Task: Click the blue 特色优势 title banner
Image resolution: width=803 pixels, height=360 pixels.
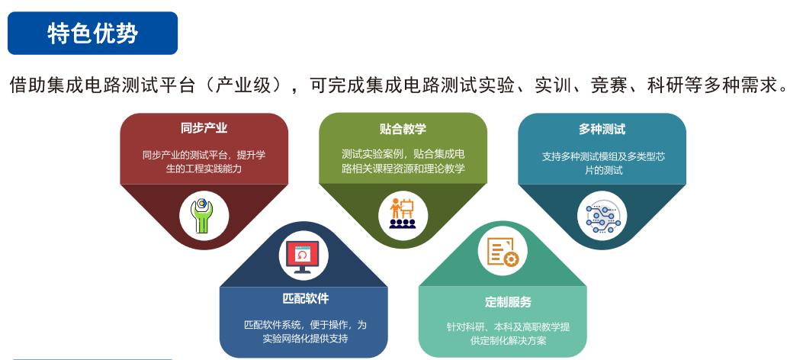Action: coord(93,34)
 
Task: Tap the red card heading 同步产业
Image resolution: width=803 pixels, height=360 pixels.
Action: coord(204,128)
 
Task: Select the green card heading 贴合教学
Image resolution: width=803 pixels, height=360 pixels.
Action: coord(403,128)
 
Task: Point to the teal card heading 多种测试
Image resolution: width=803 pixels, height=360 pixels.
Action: coord(602,129)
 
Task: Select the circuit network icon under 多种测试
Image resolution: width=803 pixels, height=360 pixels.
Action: coord(602,216)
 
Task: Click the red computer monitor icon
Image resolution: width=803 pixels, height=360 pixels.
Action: coord(304,256)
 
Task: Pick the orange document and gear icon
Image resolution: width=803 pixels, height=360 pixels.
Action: coord(503,252)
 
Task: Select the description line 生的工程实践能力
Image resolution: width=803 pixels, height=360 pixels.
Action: coord(204,169)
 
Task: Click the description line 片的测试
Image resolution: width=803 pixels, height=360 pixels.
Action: coord(602,171)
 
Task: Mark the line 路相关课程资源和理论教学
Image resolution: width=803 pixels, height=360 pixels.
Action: coord(403,169)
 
